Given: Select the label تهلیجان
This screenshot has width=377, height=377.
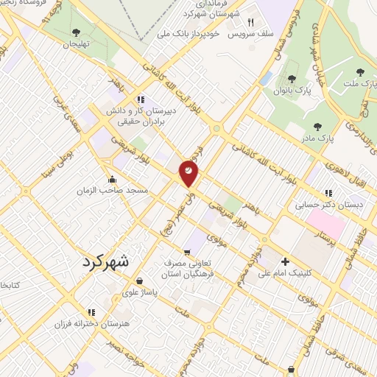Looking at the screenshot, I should (x=74, y=43).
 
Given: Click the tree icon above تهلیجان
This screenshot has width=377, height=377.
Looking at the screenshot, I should (x=76, y=31).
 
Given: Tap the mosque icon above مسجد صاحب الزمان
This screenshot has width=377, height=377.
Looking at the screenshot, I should (x=112, y=178).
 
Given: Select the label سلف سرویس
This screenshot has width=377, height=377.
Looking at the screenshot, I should (x=250, y=35).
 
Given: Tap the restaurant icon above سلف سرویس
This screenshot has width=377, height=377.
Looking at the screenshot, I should (x=251, y=23).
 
